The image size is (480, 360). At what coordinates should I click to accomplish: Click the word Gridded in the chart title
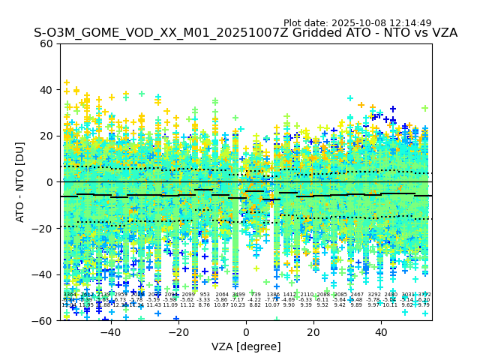click(x=282, y=33)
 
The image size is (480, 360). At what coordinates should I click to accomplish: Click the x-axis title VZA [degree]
click(x=246, y=346)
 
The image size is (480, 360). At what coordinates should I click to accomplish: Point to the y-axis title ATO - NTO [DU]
click(x=20, y=181)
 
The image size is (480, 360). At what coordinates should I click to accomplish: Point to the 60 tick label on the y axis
click(x=46, y=43)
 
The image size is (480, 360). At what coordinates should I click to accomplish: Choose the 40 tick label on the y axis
click(x=46, y=90)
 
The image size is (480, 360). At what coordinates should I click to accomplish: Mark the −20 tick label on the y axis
click(x=43, y=229)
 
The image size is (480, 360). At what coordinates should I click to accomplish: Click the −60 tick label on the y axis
click(x=43, y=321)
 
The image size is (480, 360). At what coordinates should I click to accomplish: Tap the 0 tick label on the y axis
click(x=49, y=182)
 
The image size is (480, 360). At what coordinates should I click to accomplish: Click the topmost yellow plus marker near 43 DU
click(x=66, y=82)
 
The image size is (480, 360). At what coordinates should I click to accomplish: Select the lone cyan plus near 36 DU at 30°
click(x=350, y=98)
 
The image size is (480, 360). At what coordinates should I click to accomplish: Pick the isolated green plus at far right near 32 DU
click(x=425, y=108)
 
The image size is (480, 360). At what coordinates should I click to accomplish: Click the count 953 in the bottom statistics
click(x=205, y=295)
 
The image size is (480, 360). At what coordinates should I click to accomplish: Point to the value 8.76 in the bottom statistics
click(x=205, y=305)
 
